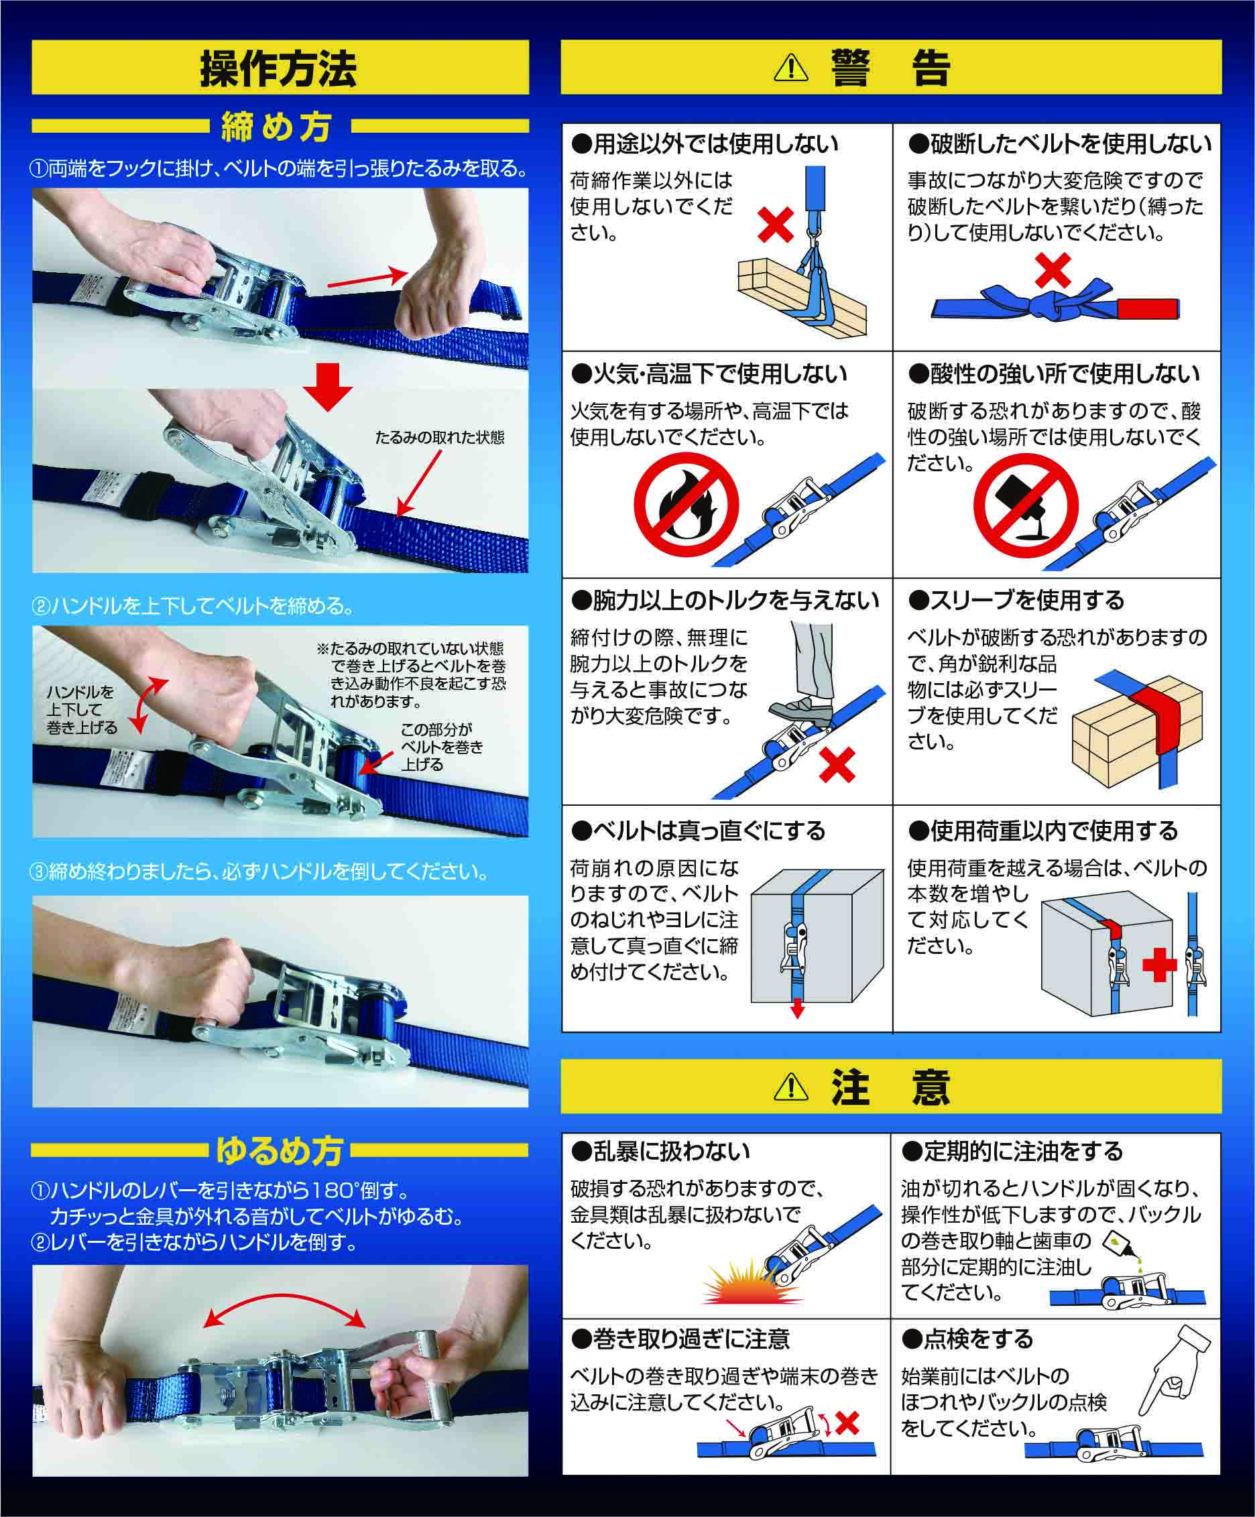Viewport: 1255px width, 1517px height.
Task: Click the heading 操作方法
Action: [278, 68]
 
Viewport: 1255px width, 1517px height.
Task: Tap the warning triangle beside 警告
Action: [791, 68]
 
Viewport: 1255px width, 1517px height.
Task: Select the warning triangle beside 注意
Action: [791, 1087]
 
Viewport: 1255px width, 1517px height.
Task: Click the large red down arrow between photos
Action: [327, 387]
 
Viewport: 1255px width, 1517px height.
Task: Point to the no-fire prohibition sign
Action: [686, 504]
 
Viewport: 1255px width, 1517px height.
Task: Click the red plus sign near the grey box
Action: [1160, 965]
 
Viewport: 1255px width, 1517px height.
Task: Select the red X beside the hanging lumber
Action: [776, 225]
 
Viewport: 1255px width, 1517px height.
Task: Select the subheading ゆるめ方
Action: [280, 1151]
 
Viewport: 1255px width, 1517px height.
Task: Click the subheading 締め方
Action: [277, 127]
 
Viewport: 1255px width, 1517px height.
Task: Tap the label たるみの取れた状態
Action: [439, 437]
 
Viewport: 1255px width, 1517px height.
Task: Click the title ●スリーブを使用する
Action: [1016, 601]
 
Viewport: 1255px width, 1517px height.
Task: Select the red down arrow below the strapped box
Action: [797, 1008]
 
